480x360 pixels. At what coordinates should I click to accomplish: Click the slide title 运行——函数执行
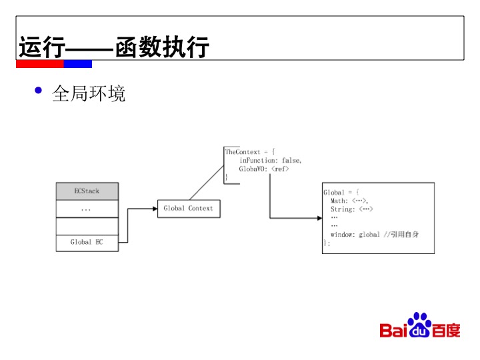(114, 48)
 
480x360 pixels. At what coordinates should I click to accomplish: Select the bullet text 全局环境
(89, 93)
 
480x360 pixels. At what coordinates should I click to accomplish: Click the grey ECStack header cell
(87, 191)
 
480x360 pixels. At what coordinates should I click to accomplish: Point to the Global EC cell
(87, 243)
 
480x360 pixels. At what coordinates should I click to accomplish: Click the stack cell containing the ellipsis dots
(87, 209)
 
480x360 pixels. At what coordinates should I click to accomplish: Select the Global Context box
(189, 209)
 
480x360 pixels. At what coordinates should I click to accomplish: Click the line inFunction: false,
(271, 161)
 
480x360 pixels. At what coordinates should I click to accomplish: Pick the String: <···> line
(352, 209)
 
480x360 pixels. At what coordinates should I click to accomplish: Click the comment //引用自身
(401, 235)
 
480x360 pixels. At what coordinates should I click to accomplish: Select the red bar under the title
(40, 64)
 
